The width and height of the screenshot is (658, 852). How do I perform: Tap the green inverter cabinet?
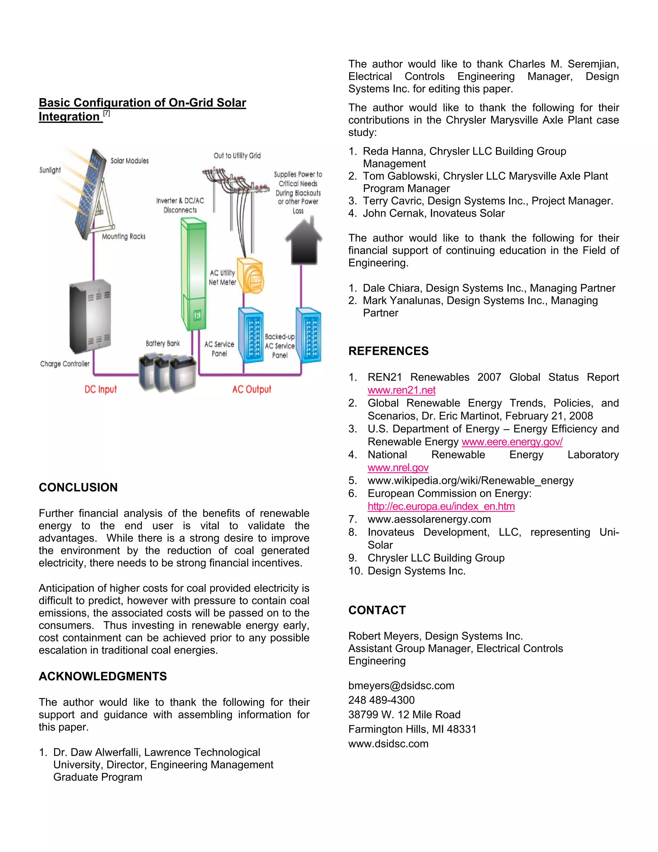[x=193, y=273]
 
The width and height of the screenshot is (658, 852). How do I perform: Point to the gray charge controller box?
[x=90, y=316]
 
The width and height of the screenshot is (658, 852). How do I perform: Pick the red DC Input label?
[x=101, y=389]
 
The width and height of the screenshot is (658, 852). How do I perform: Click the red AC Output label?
[x=252, y=389]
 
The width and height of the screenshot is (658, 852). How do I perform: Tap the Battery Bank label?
[x=163, y=343]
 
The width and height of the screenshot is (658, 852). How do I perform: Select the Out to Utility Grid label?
[x=237, y=156]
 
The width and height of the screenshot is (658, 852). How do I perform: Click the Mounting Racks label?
[x=124, y=236]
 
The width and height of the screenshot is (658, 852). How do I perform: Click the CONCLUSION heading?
[x=78, y=487]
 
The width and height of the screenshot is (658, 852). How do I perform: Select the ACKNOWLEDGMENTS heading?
[x=102, y=676]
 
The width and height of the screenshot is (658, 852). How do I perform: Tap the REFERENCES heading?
[x=388, y=351]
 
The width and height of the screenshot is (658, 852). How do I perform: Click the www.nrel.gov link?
[x=398, y=467]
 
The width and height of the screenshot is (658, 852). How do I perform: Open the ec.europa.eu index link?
[x=441, y=506]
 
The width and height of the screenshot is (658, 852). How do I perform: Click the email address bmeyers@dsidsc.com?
[x=401, y=685]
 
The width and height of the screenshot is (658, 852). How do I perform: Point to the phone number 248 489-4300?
[x=381, y=700]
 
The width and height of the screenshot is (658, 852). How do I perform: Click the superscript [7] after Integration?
[x=106, y=113]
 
